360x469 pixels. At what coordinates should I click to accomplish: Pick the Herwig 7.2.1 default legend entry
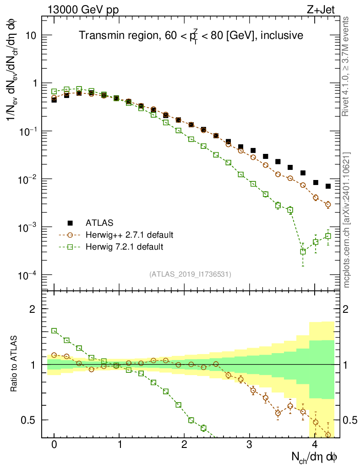pyautogui.click(x=124, y=247)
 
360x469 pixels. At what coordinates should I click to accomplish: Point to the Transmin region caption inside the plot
pyautogui.click(x=190, y=36)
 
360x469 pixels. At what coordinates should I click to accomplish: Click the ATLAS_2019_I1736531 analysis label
pyautogui.click(x=190, y=274)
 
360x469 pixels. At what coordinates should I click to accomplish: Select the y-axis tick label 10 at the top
pyautogui.click(x=29, y=36)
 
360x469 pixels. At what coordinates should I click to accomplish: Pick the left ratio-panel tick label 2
pyautogui.click(x=33, y=309)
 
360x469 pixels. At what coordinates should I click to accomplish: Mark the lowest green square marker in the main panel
pyautogui.click(x=303, y=251)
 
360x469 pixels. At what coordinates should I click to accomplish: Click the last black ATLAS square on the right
pyautogui.click(x=328, y=186)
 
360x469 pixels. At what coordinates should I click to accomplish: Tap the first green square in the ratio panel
pyautogui.click(x=54, y=330)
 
